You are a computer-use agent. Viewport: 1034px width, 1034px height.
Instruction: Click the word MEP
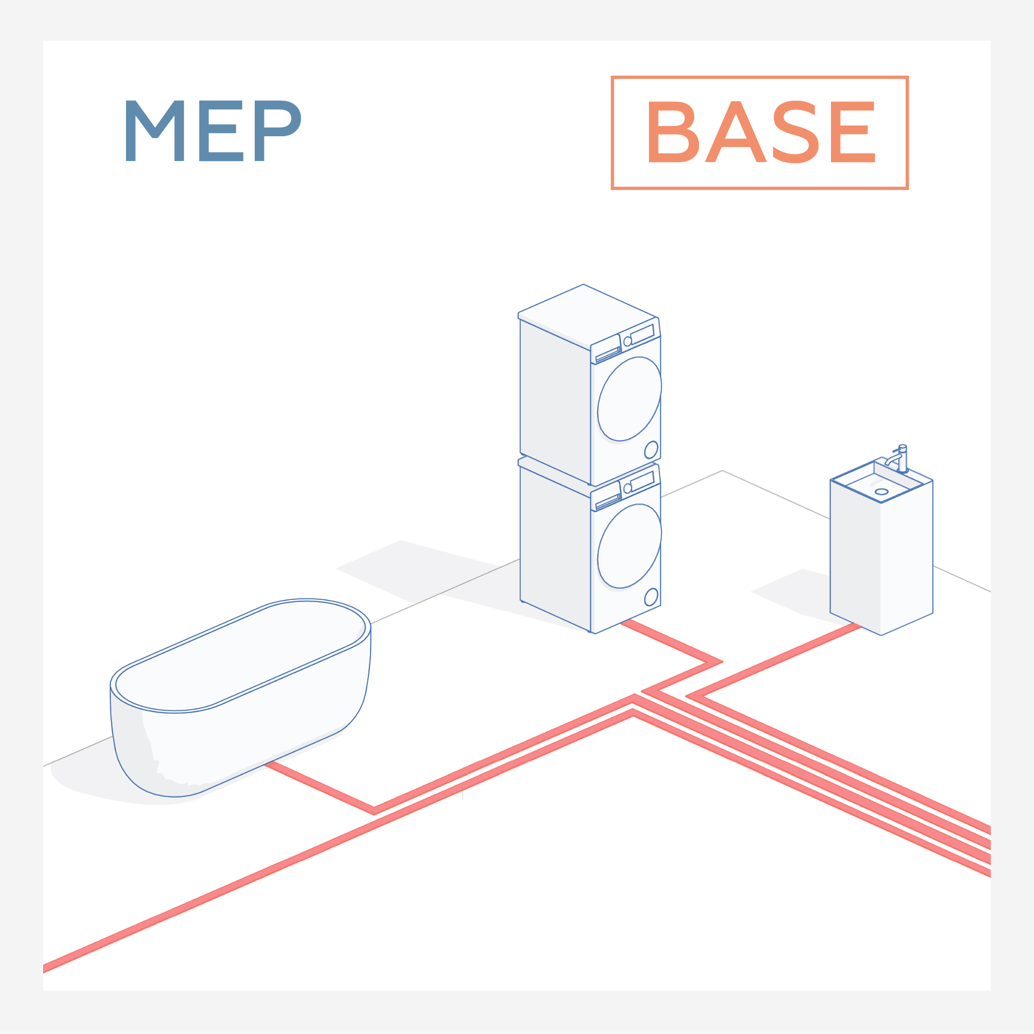pyautogui.click(x=212, y=131)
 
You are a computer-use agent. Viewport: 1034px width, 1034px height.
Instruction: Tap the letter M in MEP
pyautogui.click(x=155, y=131)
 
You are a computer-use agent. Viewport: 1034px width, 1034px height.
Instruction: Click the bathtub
pyautogui.click(x=240, y=700)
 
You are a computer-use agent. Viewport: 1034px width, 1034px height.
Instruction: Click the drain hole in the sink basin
pyautogui.click(x=882, y=492)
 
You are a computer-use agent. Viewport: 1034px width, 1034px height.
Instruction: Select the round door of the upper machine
pyautogui.click(x=629, y=399)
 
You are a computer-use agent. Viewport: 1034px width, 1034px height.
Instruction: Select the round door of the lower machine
pyautogui.click(x=629, y=546)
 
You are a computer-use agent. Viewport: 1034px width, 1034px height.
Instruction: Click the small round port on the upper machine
pyautogui.click(x=651, y=449)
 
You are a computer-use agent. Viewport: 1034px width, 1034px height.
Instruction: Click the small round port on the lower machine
pyautogui.click(x=651, y=597)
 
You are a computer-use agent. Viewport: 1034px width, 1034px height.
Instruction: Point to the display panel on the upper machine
pyautogui.click(x=642, y=334)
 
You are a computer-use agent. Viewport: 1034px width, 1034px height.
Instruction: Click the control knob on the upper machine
pyautogui.click(x=627, y=341)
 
